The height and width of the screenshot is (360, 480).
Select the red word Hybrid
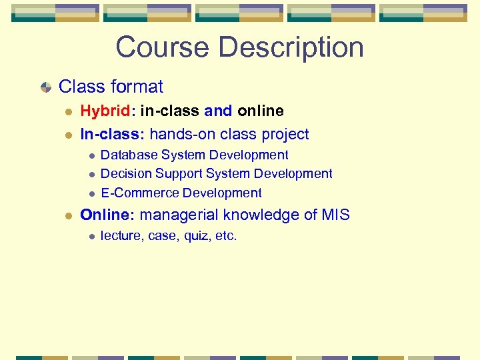coord(105,111)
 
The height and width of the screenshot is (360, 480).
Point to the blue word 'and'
coord(219,111)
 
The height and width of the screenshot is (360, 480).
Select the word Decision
coord(126,174)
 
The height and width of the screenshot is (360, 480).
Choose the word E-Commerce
coord(140,193)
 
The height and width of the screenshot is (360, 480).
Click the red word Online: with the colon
coord(107,215)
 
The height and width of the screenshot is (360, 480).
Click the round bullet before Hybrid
coord(69,111)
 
